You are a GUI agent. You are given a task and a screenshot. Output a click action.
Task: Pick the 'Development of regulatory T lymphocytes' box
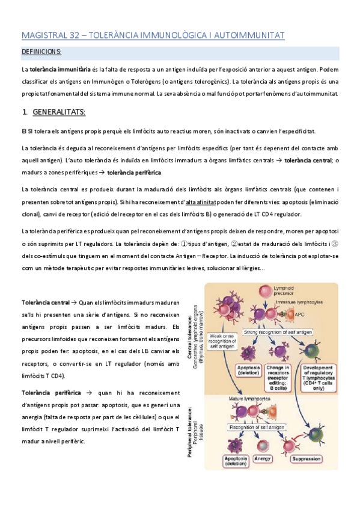(319, 376)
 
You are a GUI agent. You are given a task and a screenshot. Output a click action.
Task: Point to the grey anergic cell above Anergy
(262, 444)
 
